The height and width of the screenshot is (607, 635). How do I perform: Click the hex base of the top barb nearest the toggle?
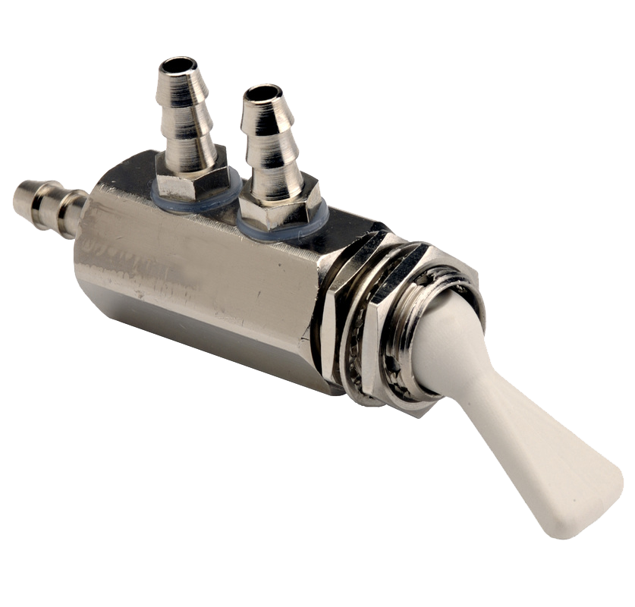[x=282, y=209]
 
